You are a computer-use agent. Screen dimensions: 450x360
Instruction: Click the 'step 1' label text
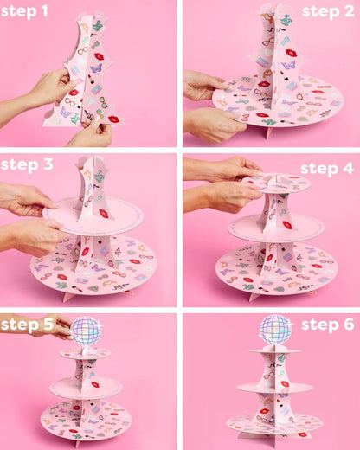24,12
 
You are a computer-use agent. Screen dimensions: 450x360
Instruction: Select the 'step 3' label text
27,164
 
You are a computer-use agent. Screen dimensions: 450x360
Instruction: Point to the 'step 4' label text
326,167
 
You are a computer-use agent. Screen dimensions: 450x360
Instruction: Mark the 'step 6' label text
327,325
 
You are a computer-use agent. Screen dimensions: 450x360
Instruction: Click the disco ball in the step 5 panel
87,331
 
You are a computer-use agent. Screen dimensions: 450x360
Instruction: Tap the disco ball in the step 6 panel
276,330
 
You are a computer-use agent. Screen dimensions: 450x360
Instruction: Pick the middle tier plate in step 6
275,387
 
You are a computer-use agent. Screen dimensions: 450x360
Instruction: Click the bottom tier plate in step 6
274,423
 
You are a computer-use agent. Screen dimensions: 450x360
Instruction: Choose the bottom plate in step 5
87,422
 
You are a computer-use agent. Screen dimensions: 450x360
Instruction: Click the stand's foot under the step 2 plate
269,132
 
